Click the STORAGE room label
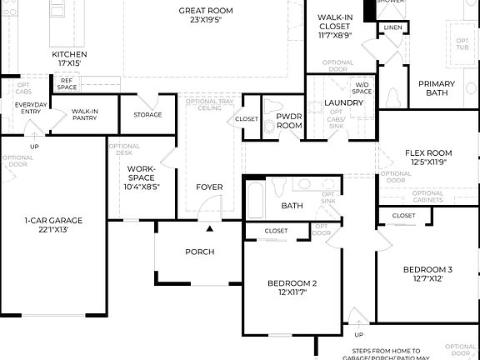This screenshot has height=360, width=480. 147,114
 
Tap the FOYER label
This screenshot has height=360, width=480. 209,187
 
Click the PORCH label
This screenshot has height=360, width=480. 199,252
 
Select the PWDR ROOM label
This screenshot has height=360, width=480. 289,121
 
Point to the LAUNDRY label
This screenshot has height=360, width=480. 343,102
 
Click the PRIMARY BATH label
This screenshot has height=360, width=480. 437,88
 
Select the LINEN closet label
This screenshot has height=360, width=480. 392,28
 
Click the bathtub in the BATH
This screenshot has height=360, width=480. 256,199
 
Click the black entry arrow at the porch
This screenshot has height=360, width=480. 210,227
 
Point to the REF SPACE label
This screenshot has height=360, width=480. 67,83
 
